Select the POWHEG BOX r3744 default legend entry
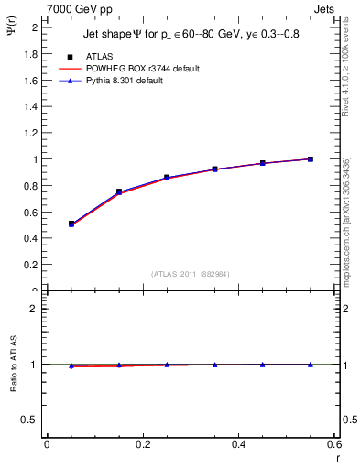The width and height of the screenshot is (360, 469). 141,69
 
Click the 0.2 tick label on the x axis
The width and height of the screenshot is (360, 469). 143,444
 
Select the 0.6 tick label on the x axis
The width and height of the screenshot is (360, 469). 334,444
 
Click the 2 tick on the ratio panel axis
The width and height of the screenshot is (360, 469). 34,309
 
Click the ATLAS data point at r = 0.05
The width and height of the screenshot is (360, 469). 71,224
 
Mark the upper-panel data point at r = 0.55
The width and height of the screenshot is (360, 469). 311,159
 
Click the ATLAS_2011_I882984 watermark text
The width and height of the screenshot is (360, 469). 190,273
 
